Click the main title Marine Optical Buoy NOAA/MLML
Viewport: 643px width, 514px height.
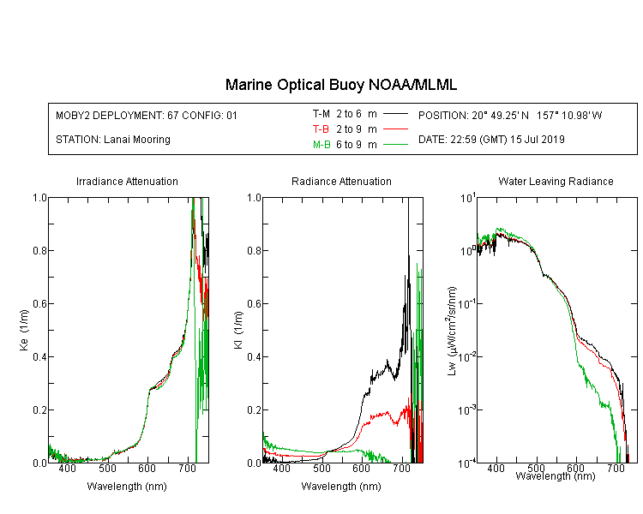[x=340, y=85]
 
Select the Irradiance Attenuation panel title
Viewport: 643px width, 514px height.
[x=127, y=181]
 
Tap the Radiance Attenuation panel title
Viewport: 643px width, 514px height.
[x=341, y=181]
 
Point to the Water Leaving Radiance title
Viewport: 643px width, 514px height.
[x=556, y=181]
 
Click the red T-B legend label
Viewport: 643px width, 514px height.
[x=321, y=129]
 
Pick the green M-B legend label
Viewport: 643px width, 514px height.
[x=321, y=145]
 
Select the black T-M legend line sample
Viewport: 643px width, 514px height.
[x=396, y=114]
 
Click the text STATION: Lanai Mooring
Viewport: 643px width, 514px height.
[x=113, y=140]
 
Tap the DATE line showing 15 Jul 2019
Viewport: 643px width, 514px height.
[x=491, y=140]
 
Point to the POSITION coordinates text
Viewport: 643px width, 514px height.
[x=510, y=115]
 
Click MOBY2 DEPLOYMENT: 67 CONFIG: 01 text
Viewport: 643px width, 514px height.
[x=147, y=115]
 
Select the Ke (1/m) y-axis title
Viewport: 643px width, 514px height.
[x=24, y=331]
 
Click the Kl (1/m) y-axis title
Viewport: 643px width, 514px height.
[x=238, y=331]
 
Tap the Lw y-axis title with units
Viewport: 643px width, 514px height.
[x=452, y=331]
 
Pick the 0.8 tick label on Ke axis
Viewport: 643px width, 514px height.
[x=39, y=250]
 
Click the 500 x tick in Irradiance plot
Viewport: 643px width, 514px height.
[x=107, y=468]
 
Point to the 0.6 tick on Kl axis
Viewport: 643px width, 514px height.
[x=255, y=304]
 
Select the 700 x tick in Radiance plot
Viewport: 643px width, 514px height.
[x=401, y=468]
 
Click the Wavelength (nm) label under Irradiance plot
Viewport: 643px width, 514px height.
[x=127, y=487]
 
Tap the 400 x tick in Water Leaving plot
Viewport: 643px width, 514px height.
[x=496, y=468]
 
